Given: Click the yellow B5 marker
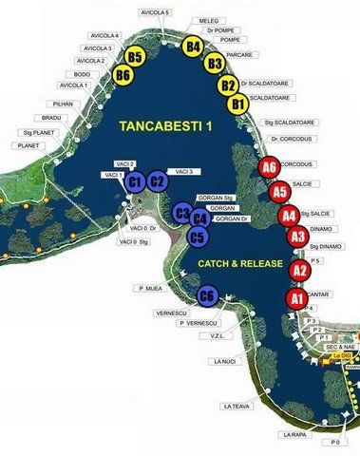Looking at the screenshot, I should (x=135, y=58).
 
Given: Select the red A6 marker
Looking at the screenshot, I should (x=270, y=168).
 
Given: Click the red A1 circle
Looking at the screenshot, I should (x=296, y=299).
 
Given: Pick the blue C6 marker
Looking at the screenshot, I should (x=208, y=298).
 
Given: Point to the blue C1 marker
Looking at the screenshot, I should (x=135, y=180).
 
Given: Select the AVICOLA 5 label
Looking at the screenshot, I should (x=154, y=12).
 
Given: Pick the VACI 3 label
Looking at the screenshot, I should (x=184, y=171).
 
